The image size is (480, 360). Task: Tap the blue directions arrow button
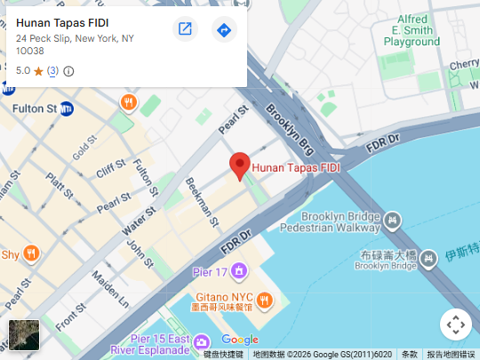click(x=225, y=30)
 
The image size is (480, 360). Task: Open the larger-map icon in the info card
click(x=185, y=29)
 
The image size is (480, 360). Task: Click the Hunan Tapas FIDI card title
click(x=68, y=23)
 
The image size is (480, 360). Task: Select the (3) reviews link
click(x=52, y=71)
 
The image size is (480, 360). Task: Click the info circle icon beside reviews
click(x=68, y=71)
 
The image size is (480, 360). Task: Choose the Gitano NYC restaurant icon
click(x=264, y=300)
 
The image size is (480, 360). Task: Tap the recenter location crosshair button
click(x=455, y=324)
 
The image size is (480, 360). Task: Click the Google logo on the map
click(x=240, y=340)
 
